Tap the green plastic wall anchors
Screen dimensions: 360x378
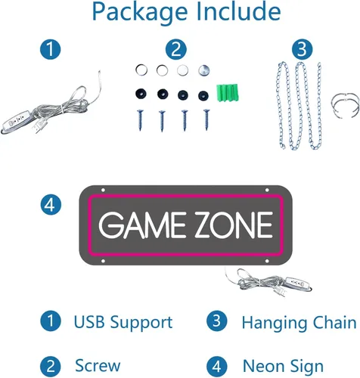coord(228,93)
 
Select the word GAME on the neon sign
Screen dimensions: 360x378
coord(142,225)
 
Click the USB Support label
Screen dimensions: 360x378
coord(123,322)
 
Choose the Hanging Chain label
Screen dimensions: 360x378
coord(299,322)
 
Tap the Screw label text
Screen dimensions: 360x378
coord(98,365)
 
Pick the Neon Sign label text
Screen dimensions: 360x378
coord(283,366)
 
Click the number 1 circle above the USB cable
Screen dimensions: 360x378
coord(51,49)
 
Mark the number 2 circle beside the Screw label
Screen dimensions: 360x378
coord(51,367)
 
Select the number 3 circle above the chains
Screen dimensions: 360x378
coord(303,49)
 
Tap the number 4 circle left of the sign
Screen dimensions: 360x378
coord(51,204)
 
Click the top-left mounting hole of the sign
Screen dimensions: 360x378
coord(103,190)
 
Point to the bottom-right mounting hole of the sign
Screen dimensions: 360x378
coord(267,261)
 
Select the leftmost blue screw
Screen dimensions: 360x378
coord(140,120)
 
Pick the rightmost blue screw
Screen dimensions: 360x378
coord(206,119)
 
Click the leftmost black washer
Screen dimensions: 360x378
coord(141,94)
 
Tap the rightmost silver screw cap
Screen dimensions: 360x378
coord(203,70)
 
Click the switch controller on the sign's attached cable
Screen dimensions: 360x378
coord(297,283)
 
